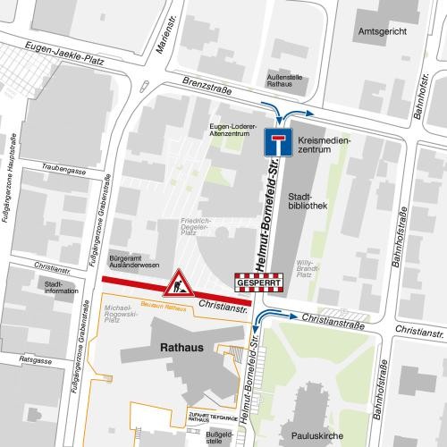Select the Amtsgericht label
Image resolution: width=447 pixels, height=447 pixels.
click(x=375, y=30)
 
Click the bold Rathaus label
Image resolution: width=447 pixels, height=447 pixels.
click(x=181, y=344)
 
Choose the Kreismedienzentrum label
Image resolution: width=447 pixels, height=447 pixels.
click(x=324, y=148)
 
